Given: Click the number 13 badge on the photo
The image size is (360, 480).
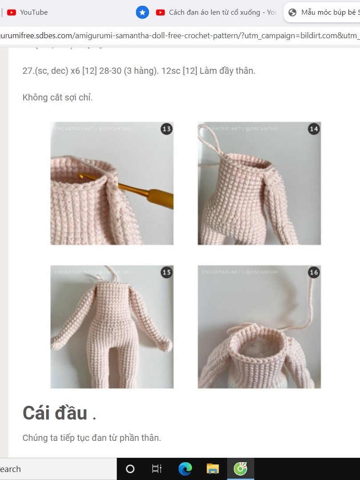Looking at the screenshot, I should (x=167, y=129).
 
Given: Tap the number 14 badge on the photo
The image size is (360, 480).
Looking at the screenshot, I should (x=314, y=129).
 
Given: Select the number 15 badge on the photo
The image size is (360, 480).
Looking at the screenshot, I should (x=167, y=272).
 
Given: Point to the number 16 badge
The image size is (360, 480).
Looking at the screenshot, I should (x=314, y=272).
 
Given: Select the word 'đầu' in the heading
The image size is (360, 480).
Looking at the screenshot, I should (x=71, y=413).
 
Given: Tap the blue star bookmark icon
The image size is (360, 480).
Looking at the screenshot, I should (x=142, y=12).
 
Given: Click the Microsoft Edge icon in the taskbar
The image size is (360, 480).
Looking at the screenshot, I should (x=185, y=469).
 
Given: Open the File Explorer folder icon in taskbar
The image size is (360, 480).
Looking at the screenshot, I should (x=213, y=469).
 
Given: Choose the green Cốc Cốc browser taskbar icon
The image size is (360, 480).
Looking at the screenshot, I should (x=240, y=469).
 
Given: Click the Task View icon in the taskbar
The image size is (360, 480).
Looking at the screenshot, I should (x=157, y=469).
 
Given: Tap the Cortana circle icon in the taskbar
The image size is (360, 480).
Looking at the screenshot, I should (x=130, y=469).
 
